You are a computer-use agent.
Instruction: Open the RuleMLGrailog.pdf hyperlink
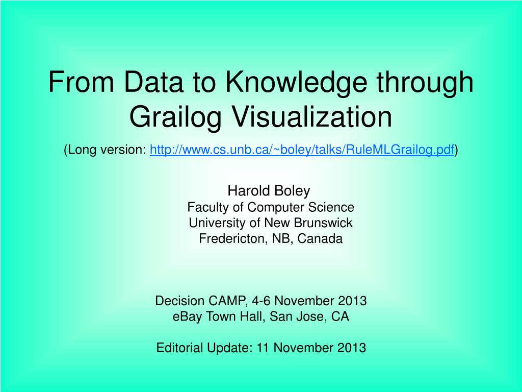pos(302,150)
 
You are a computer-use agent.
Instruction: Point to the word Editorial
pos(180,348)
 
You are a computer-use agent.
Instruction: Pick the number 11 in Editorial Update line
pos(263,348)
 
